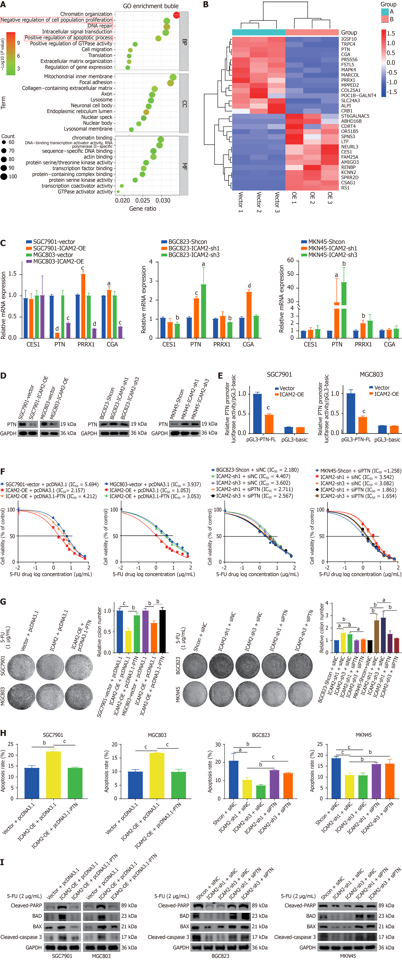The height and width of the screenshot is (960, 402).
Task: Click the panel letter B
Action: click(206, 5)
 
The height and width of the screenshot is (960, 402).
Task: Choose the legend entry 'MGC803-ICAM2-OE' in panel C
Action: click(58, 261)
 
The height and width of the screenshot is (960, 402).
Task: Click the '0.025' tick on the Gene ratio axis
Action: click(143, 200)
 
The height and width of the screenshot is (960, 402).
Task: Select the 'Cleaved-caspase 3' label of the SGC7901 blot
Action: click(21, 937)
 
